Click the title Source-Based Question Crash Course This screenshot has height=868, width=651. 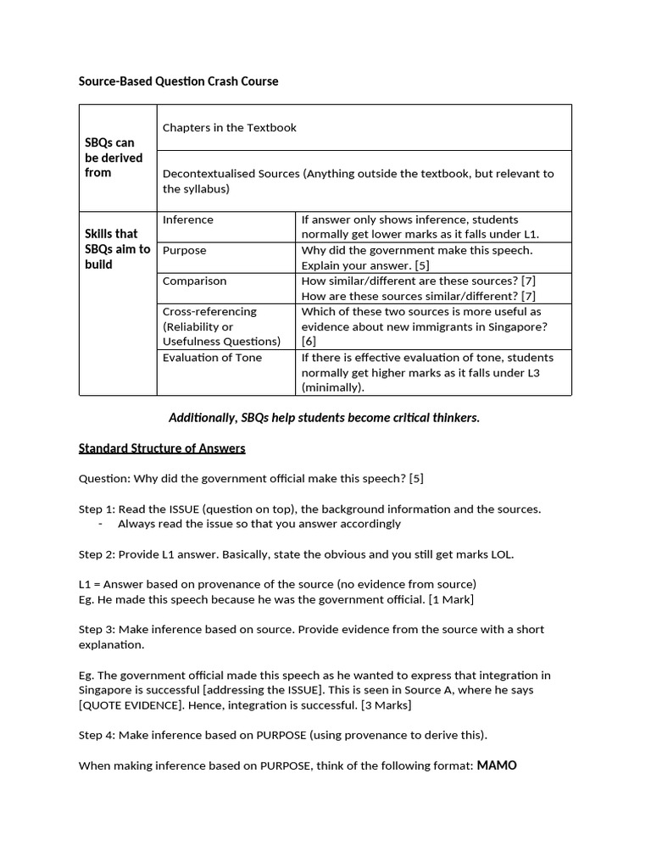point(178,81)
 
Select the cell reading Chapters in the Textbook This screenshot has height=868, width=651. point(229,127)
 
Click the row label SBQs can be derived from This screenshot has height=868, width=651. point(114,158)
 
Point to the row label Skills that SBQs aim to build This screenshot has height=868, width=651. point(117,248)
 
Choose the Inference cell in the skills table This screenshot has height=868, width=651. point(188,220)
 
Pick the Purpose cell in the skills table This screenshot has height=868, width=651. point(185,250)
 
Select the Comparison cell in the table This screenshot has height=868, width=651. point(194,281)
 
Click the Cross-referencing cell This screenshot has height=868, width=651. point(209,311)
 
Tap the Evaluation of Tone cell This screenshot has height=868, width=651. point(212,357)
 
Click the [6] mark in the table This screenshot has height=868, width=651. point(309,342)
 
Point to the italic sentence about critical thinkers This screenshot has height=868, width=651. point(325,418)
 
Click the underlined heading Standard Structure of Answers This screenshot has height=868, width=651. point(162,448)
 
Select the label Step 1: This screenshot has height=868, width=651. point(97,509)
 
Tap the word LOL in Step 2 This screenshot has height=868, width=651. point(500,554)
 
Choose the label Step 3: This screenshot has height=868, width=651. point(97,630)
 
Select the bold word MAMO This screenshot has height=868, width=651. point(497,765)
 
